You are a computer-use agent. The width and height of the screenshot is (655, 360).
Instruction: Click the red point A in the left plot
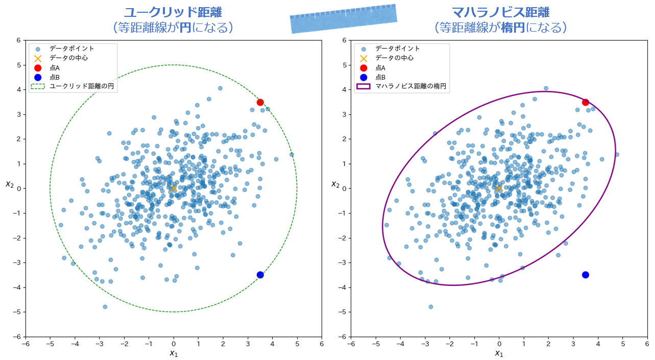[260, 102]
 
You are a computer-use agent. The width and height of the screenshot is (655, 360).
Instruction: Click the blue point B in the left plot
[260, 275]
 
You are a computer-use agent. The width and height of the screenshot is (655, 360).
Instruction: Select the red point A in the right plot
[586, 102]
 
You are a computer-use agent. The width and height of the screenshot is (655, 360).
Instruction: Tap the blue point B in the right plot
[586, 275]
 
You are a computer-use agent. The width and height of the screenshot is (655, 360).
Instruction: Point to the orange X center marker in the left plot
[174, 188]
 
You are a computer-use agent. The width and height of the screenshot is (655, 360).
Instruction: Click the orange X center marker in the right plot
[499, 188]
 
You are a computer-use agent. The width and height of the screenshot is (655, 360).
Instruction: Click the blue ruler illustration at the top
[344, 19]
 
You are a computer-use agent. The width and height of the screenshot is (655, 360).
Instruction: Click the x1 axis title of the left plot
[174, 353]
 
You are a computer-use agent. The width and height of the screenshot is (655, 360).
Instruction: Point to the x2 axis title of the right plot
[335, 184]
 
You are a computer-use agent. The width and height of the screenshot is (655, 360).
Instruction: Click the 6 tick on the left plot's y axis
[18, 40]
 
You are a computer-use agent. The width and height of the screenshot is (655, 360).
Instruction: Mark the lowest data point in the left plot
[105, 307]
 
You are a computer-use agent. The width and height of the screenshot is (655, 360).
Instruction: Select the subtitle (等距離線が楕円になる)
[500, 27]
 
